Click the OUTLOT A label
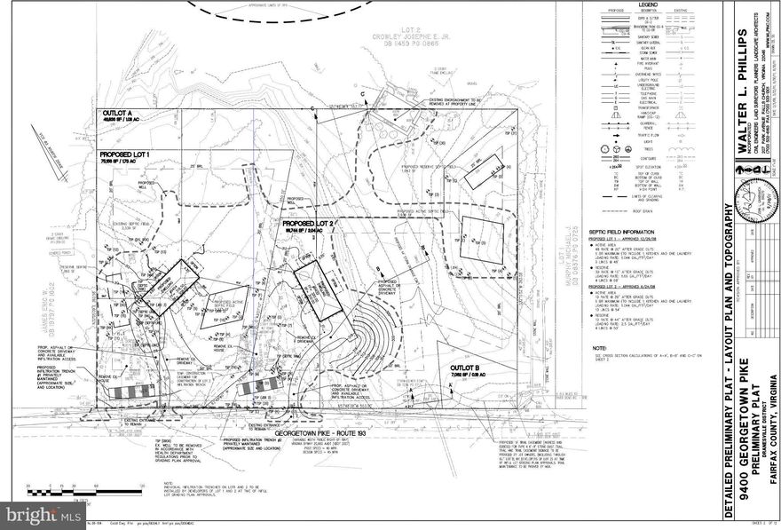[118, 115]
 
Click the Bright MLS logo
[42, 514]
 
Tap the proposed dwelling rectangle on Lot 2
[317, 289]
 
